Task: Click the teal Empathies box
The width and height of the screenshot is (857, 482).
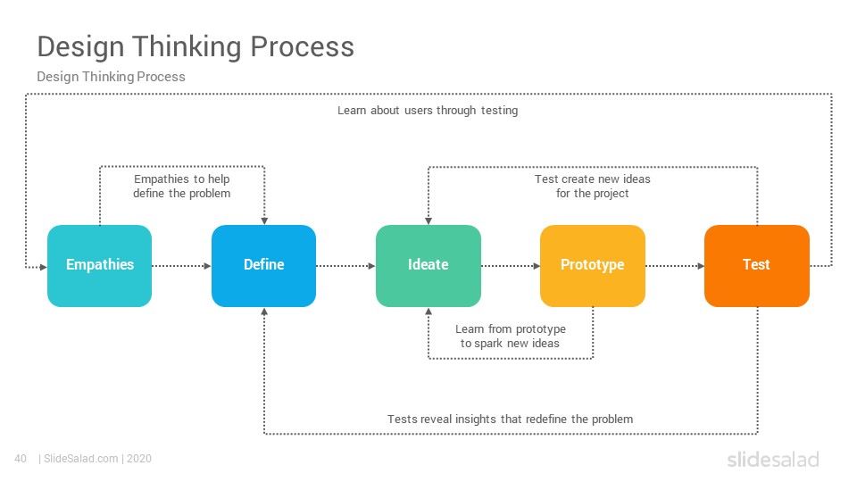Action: coord(99,266)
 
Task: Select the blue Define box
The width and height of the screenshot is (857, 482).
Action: coord(263,266)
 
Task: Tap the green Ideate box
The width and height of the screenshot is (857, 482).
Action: coord(428,266)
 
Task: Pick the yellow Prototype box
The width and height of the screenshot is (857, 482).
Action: coord(593,266)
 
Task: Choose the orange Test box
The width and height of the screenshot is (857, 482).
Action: coord(756,266)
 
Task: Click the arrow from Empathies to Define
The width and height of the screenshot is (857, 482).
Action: coord(181,266)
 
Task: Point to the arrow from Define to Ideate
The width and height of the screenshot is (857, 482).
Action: coord(346,266)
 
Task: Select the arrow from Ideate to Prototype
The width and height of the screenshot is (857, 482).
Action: coord(511,266)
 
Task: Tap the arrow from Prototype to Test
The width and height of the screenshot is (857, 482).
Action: coord(675,266)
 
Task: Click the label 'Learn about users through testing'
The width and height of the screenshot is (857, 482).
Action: coord(428,111)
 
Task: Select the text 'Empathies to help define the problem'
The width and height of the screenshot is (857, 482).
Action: coord(182,187)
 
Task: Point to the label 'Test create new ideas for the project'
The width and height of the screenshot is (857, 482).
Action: coord(593,187)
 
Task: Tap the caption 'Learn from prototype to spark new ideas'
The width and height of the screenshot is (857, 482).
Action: coord(511,337)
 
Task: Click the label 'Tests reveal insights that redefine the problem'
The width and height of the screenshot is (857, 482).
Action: coord(511,420)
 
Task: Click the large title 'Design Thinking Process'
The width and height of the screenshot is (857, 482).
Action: coord(196,46)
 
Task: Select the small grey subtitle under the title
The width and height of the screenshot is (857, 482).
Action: coord(111,77)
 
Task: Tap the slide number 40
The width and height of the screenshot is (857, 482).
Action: coord(21,459)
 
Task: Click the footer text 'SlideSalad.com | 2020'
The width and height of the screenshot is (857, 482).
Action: coord(97,459)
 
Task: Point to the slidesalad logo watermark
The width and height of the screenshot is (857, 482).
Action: coord(773,459)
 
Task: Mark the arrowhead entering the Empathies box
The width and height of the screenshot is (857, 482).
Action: coord(44,267)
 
